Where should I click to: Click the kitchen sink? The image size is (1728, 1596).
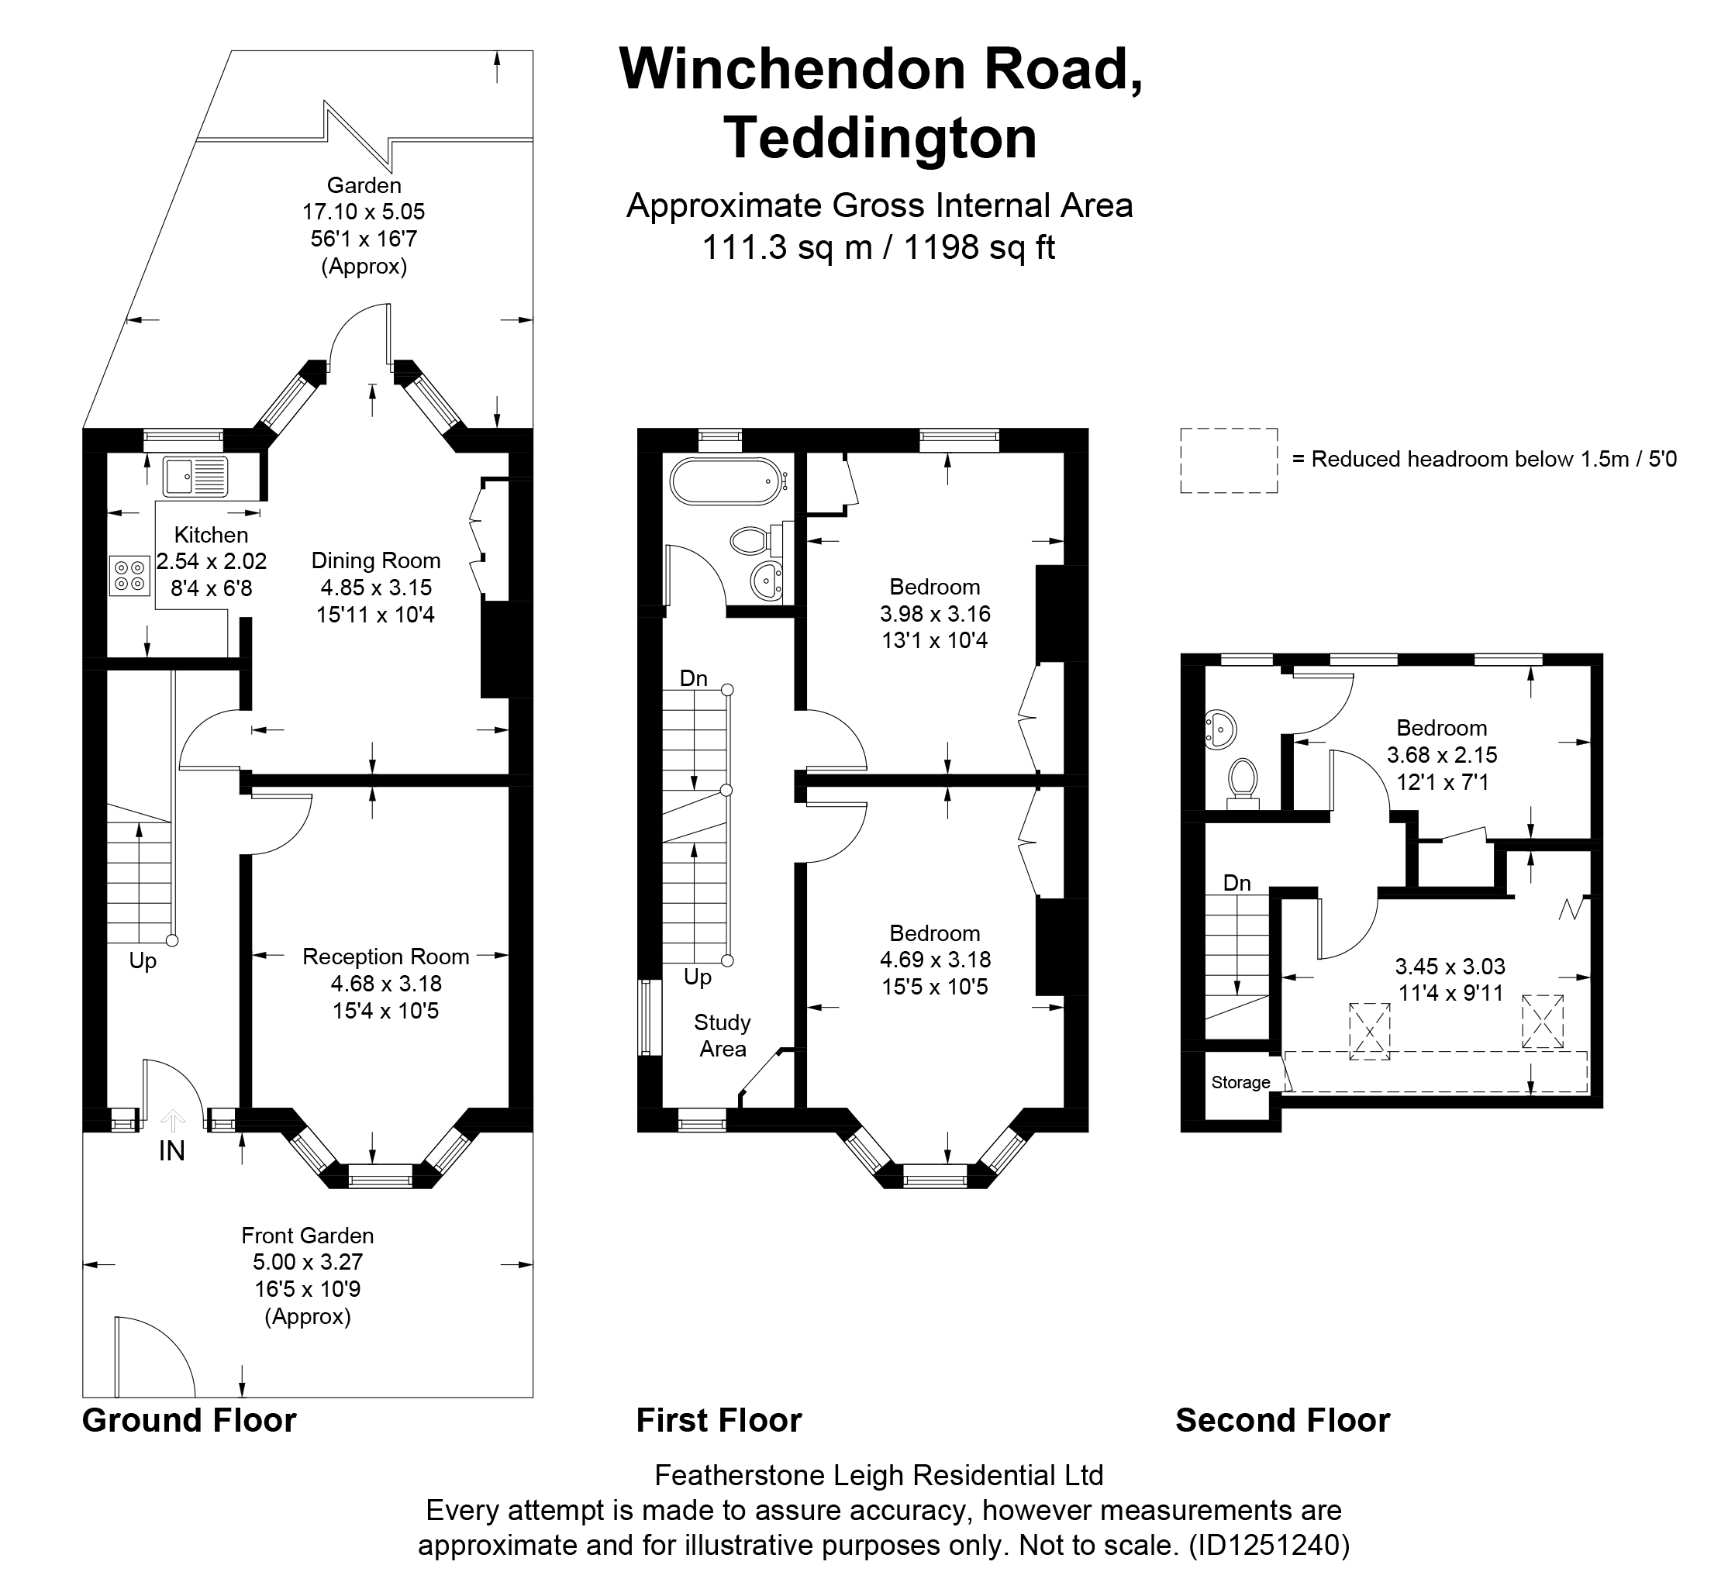(195, 477)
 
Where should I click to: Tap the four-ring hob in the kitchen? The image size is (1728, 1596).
(129, 576)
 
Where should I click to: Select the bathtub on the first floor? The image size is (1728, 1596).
(727, 481)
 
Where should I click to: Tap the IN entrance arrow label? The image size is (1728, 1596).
(172, 1151)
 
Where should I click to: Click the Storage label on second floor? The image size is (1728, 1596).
(1240, 1083)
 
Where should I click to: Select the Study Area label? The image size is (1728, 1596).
(723, 1036)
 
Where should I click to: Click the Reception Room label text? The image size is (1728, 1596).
(386, 957)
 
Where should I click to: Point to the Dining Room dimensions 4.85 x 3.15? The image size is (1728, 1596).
(376, 588)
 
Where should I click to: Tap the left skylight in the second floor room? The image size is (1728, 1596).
(1370, 1030)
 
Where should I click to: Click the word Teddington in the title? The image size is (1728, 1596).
(880, 138)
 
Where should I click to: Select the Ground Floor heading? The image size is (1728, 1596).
(189, 1420)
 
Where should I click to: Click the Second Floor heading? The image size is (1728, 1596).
(1282, 1420)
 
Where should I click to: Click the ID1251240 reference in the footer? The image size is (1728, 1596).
(1268, 1544)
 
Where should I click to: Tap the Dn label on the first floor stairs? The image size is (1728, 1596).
(693, 679)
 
